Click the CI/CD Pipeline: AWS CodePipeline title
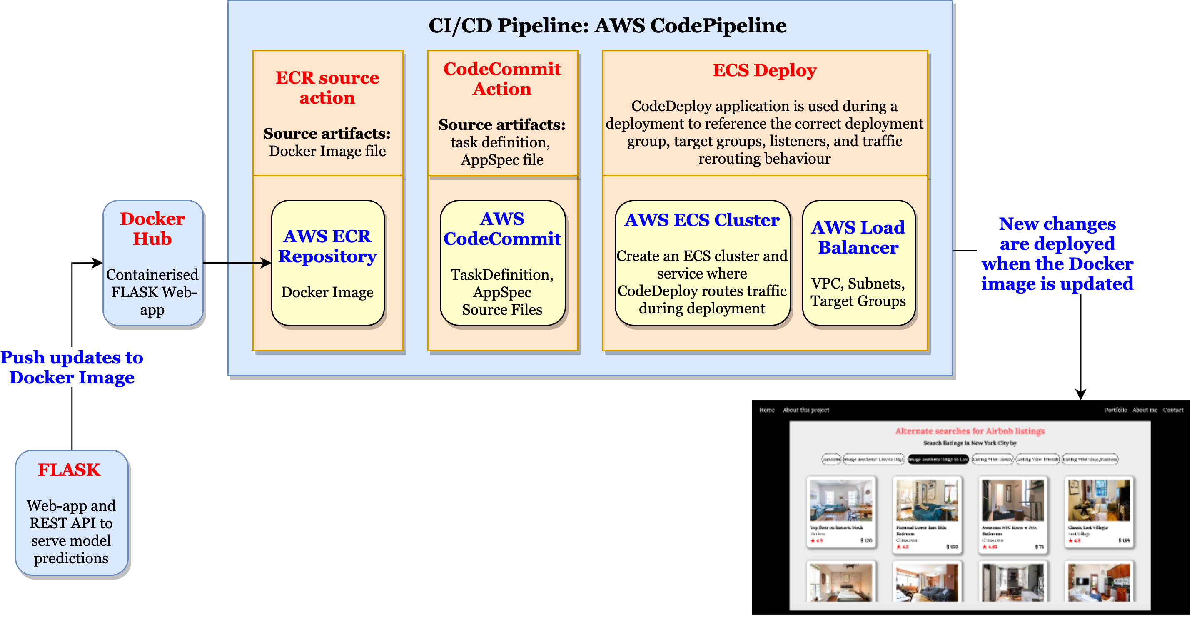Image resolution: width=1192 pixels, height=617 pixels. pyautogui.click(x=607, y=26)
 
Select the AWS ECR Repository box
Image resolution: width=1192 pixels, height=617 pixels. pyautogui.click(x=328, y=263)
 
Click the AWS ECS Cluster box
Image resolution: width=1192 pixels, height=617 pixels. pyautogui.click(x=702, y=263)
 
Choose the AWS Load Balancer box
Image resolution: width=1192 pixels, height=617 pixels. pyautogui.click(x=858, y=263)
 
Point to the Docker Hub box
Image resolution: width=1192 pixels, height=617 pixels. pyautogui.click(x=153, y=263)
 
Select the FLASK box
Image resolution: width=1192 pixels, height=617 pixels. pyautogui.click(x=72, y=513)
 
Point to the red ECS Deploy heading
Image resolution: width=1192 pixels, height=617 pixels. pyautogui.click(x=764, y=70)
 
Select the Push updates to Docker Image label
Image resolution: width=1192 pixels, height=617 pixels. pyautogui.click(x=72, y=367)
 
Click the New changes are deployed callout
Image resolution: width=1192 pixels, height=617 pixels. pyautogui.click(x=1057, y=254)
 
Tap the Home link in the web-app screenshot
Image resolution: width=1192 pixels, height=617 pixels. pyautogui.click(x=767, y=410)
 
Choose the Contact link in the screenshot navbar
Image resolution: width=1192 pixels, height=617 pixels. pyautogui.click(x=1172, y=410)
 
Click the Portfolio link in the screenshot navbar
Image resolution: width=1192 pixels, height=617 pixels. pyautogui.click(x=1116, y=410)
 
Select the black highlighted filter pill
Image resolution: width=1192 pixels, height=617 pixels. pyautogui.click(x=938, y=459)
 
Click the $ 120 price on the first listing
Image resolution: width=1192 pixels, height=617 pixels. pyautogui.click(x=866, y=540)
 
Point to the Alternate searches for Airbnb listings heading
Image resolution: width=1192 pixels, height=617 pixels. pyautogui.click(x=970, y=431)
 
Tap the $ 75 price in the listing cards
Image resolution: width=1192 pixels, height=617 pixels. pyautogui.click(x=1039, y=547)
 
